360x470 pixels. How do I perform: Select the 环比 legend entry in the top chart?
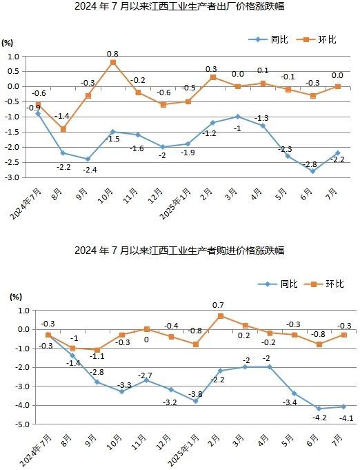pyautogui.click(x=319, y=39)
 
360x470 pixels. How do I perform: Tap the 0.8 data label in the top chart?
pyautogui.click(x=112, y=52)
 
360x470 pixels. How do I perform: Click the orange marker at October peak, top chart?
pyautogui.click(x=113, y=62)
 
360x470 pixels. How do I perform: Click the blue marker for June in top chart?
pyautogui.click(x=312, y=170)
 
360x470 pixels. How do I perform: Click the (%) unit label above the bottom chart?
pyautogui.click(x=15, y=296)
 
